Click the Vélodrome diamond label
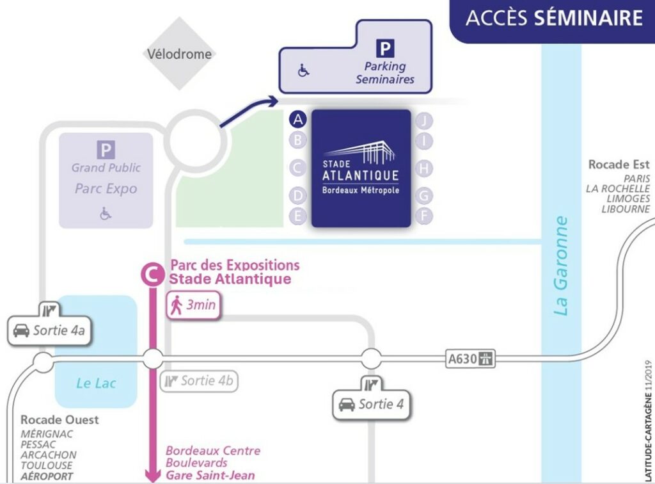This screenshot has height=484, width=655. click(x=179, y=54)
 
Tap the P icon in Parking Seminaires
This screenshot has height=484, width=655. click(x=384, y=48)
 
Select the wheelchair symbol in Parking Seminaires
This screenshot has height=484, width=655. click(x=304, y=70)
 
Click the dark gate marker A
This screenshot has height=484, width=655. click(x=297, y=120)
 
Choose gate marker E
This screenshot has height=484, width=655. click(x=297, y=216)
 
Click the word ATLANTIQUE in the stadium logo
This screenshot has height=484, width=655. click(x=360, y=175)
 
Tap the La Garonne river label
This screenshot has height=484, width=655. click(x=562, y=266)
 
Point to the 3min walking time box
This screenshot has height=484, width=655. click(x=193, y=305)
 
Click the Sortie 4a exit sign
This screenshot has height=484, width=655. click(x=51, y=331)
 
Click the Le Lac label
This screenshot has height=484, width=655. click(x=96, y=383)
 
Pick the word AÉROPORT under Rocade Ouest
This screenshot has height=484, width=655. click(x=47, y=476)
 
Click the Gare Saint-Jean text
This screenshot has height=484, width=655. click(x=210, y=475)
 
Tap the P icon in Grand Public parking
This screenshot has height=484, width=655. click(x=106, y=150)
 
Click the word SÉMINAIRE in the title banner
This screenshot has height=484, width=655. click(x=588, y=18)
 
